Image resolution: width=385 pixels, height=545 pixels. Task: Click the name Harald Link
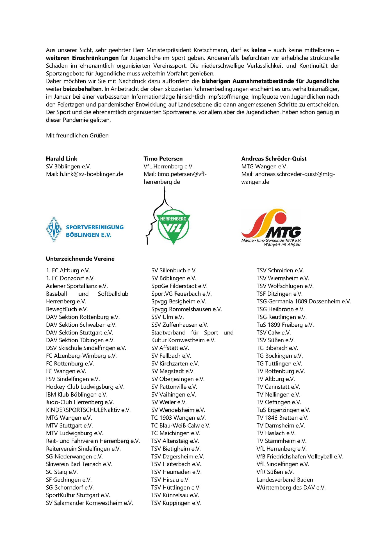61,159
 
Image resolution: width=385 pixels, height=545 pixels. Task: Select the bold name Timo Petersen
163,159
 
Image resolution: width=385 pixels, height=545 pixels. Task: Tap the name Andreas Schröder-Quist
274,159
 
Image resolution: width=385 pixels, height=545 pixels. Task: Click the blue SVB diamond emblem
54,229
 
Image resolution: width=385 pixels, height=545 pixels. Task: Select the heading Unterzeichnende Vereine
80,259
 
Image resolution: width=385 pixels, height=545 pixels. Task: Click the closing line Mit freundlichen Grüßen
77,135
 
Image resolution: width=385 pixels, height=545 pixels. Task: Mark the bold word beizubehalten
82,89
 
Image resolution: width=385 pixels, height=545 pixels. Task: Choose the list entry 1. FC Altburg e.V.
68,270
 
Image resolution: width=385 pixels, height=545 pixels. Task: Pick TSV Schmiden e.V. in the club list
280,270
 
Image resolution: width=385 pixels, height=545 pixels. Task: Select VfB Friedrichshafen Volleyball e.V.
300,456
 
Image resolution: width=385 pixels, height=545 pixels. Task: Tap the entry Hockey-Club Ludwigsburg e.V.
85,387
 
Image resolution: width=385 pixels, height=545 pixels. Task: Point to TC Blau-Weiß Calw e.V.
181,426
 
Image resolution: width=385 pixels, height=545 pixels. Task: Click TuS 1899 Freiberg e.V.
285,325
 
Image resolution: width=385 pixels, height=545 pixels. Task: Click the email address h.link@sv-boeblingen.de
92,174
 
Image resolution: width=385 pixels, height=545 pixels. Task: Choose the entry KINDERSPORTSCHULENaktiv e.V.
88,410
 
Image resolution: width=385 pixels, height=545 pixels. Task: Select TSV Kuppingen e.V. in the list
176,503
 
